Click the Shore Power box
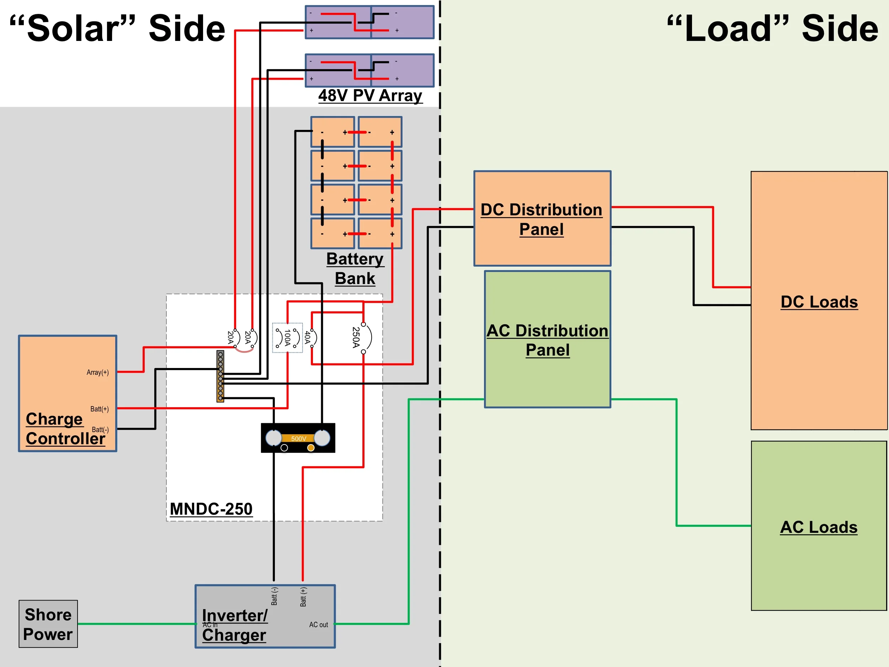48,624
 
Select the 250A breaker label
356,337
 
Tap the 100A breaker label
287,337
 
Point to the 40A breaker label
308,337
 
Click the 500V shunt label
299,438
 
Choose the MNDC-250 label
211,509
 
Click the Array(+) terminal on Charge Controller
98,373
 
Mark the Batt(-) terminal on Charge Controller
100,430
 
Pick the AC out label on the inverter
318,624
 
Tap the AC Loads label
819,527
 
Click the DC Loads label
819,302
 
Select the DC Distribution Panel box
542,219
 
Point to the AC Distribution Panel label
547,340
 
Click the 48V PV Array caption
370,96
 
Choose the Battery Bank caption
355,269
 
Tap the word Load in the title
728,28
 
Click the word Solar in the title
72,28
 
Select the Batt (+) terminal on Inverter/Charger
303,597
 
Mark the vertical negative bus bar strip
220,376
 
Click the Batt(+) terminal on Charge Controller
99,409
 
